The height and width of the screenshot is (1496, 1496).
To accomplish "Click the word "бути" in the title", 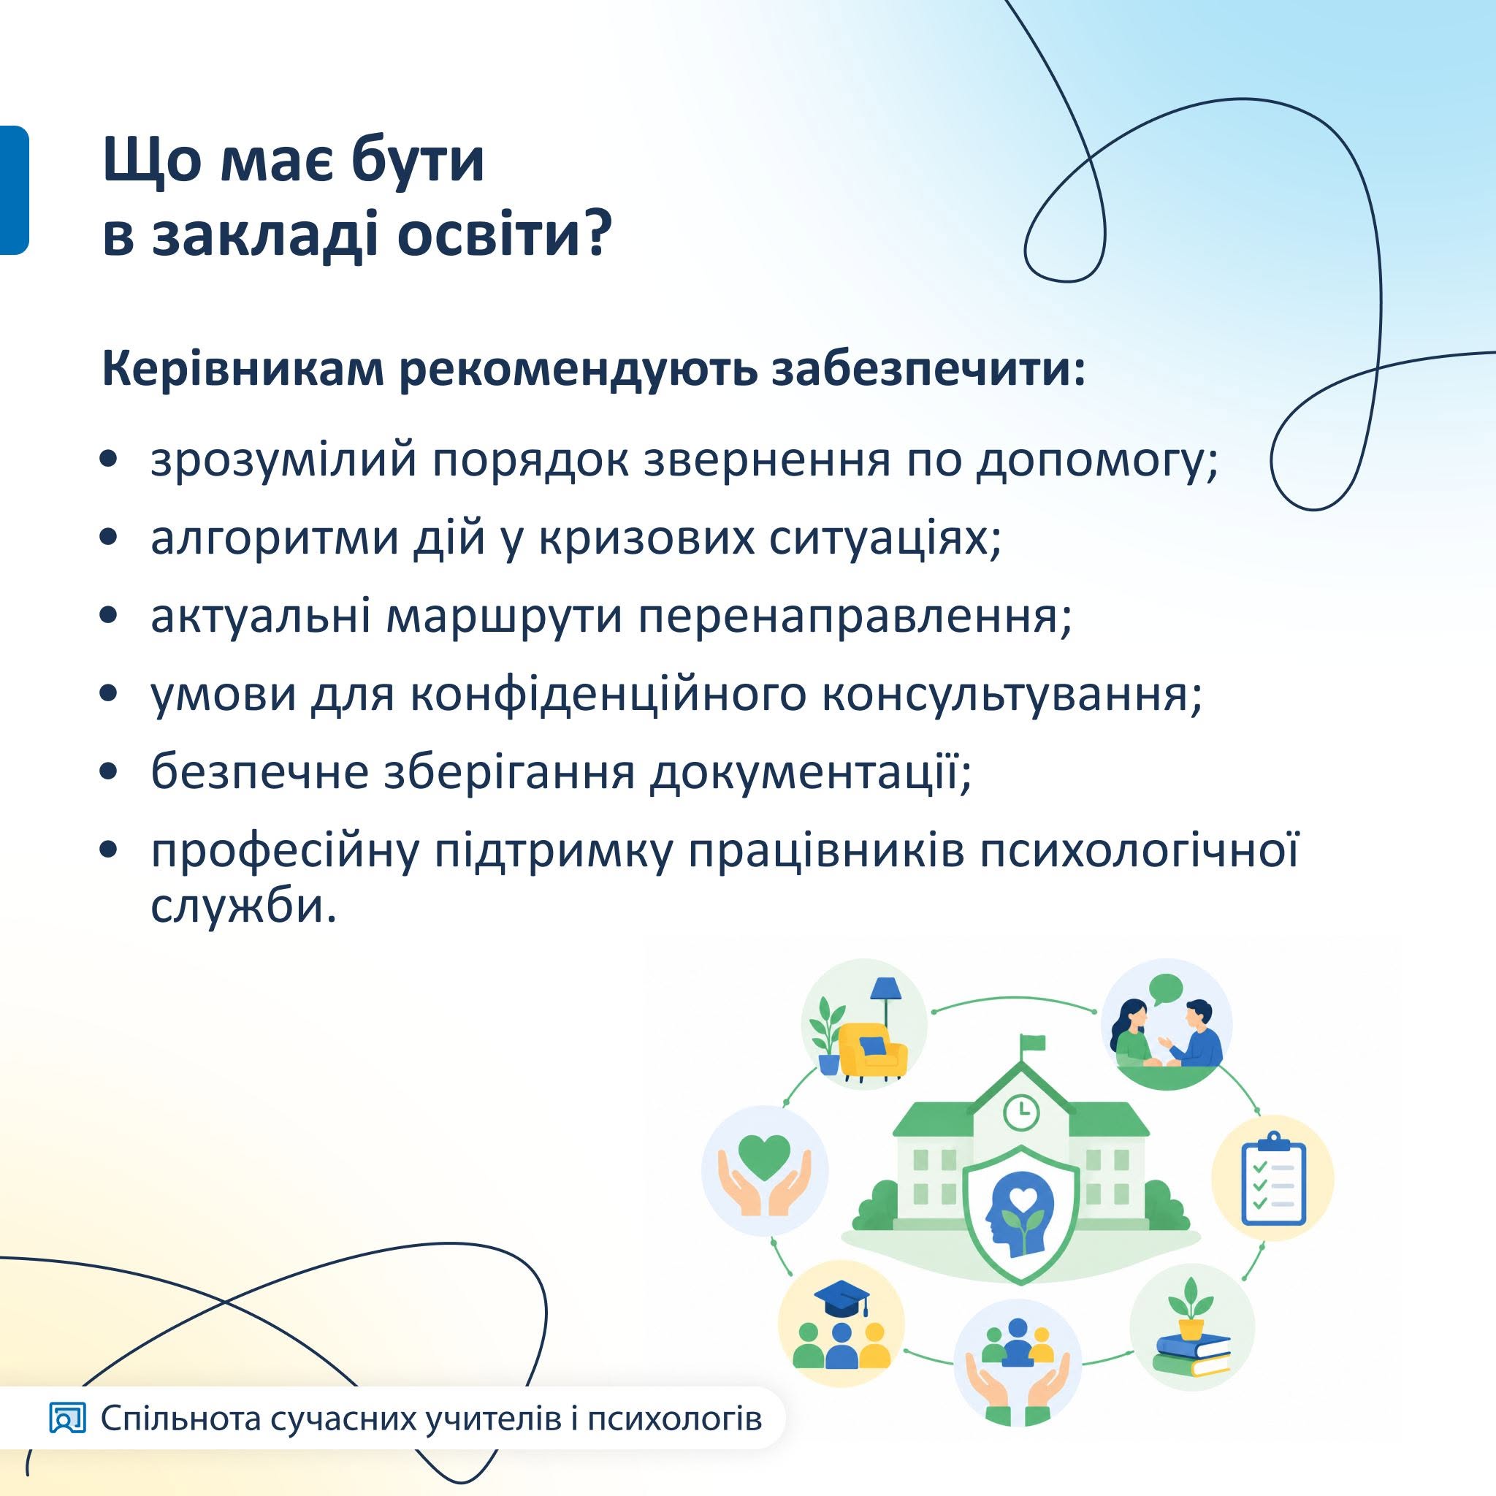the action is pos(418,160).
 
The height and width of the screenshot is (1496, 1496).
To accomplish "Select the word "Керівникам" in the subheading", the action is pos(243,371).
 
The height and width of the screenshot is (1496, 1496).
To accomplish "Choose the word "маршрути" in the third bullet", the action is pos(504,617).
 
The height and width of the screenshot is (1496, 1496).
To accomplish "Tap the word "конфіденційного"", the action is pos(608,695).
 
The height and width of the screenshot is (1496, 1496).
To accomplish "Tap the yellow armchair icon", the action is pos(874,1049).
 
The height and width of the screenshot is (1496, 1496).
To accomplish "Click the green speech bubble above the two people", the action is pos(1165,990).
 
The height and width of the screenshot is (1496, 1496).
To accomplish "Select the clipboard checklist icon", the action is pos(1274,1178).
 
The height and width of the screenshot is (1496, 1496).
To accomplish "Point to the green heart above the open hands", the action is pos(764,1157).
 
